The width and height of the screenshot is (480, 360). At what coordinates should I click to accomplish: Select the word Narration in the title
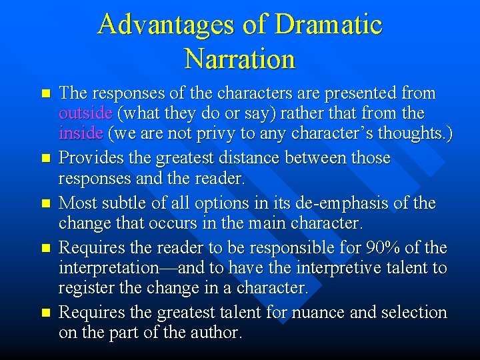pos(239,59)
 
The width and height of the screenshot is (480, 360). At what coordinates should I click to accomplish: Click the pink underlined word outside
pos(85,113)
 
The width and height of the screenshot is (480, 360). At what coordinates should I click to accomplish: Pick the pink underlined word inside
pos(81,133)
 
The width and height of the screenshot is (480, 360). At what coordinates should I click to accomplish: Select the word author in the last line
pos(220,333)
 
